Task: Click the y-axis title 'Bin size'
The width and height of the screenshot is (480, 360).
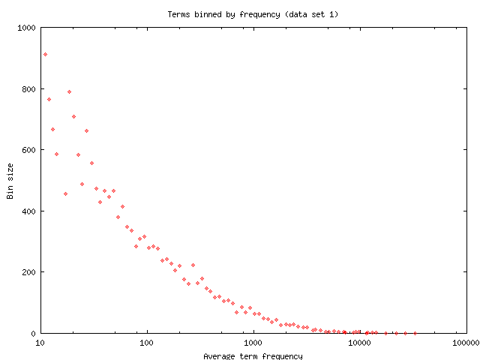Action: pyautogui.click(x=10, y=181)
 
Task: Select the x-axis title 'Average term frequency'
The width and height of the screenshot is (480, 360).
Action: pyautogui.click(x=253, y=355)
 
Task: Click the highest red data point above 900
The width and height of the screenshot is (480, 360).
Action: pyautogui.click(x=45, y=54)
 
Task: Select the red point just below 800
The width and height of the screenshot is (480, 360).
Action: pyautogui.click(x=69, y=91)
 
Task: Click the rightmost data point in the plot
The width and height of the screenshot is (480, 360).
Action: pyautogui.click(x=415, y=333)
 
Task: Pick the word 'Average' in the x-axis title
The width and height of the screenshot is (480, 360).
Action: pyautogui.click(x=219, y=355)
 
